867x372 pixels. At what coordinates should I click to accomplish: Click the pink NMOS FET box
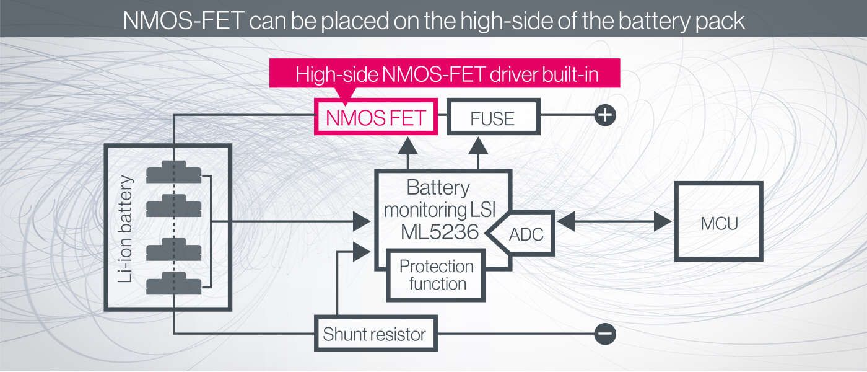(376, 117)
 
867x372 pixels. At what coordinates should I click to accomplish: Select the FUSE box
(493, 117)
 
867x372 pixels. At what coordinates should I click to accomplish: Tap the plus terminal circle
(605, 115)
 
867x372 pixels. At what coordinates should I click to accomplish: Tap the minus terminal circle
(605, 334)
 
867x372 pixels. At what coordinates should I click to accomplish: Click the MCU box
(718, 222)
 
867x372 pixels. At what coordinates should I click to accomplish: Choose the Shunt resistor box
(375, 335)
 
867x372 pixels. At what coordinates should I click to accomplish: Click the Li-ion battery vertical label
(126, 229)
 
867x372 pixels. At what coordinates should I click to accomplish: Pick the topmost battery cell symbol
(174, 172)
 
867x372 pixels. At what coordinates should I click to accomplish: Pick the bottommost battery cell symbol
(174, 283)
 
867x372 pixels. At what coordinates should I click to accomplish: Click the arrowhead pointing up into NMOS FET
(407, 146)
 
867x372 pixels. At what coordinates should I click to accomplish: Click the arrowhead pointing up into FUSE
(478, 146)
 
